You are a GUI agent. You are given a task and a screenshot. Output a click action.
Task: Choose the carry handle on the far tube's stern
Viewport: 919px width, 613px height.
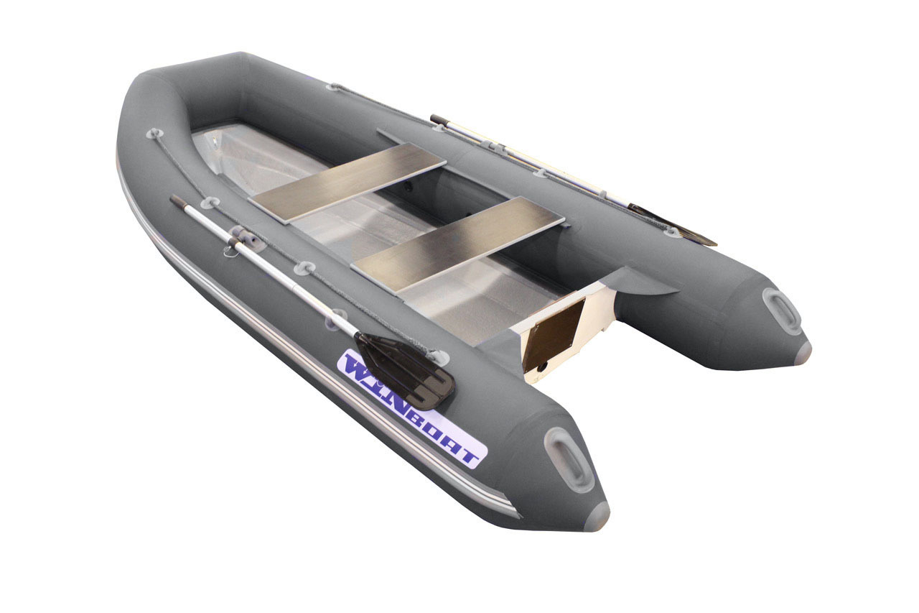click(781, 310)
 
